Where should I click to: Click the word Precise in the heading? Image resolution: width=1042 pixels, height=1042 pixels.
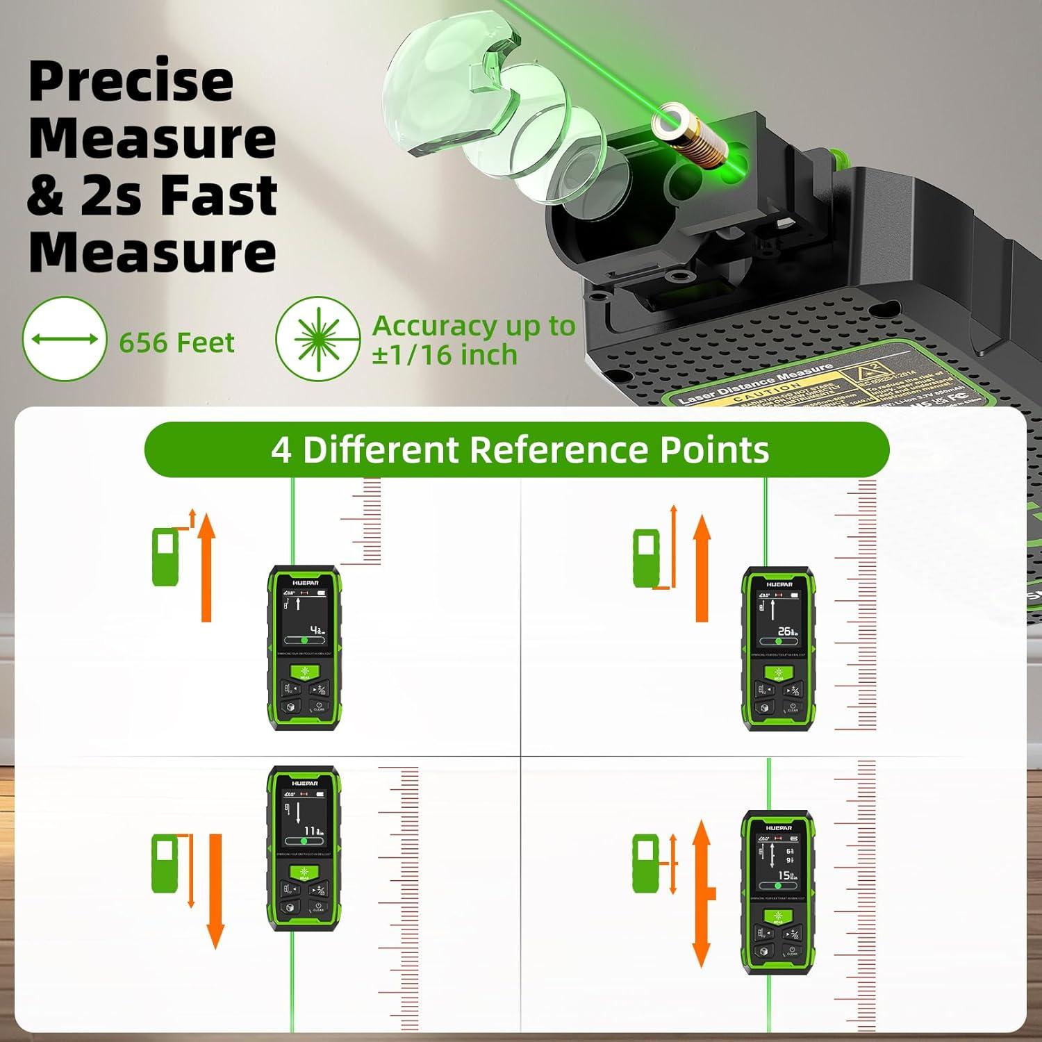(x=131, y=81)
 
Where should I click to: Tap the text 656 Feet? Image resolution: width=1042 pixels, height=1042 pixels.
(x=176, y=342)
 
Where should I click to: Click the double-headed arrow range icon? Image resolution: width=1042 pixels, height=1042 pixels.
(x=65, y=339)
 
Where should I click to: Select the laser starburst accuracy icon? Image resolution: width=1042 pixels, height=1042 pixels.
(x=317, y=339)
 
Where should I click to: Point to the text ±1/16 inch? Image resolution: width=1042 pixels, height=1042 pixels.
(x=445, y=355)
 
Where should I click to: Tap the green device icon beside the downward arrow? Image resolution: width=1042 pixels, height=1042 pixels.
(x=165, y=864)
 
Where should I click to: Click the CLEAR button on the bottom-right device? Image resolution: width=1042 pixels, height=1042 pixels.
(x=792, y=951)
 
